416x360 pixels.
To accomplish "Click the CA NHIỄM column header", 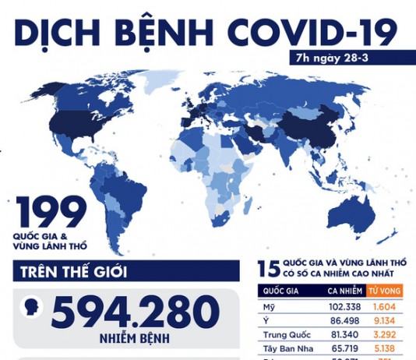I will click(x=341, y=291).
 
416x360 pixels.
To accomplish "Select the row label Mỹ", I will click(x=269, y=307).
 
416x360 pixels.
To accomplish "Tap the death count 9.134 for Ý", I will click(x=386, y=320).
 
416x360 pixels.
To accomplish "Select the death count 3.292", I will click(x=386, y=334).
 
